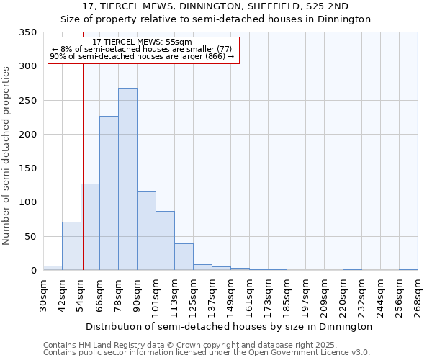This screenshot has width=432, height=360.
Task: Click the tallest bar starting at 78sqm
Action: (x=127, y=179)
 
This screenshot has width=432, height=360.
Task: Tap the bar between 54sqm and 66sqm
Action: (x=90, y=227)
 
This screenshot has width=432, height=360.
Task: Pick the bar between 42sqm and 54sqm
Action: (x=71, y=246)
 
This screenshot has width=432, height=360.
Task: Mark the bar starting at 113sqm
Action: (x=184, y=257)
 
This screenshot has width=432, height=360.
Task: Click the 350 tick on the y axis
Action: (x=27, y=32)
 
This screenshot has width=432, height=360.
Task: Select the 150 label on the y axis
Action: (x=27, y=168)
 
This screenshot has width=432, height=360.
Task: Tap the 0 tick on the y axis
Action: (x=33, y=271)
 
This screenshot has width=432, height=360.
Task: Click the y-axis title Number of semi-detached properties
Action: (x=7, y=156)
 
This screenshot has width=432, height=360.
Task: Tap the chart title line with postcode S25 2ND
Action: (x=216, y=6)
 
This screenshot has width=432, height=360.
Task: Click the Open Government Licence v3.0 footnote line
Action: (x=207, y=353)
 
